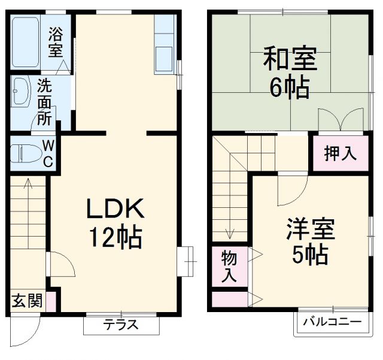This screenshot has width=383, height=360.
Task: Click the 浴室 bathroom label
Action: pos(56,41)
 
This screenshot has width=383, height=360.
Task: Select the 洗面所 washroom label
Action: pos(44,101)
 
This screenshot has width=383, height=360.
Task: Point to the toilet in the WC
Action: pos(24,153)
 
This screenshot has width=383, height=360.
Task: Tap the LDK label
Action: pos(115,210)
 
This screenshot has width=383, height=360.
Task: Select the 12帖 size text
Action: pos(115,238)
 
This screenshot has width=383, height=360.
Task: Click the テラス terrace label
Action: pos(121,325)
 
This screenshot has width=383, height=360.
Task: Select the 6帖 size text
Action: pos(288,87)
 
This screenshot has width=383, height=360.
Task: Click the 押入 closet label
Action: pos(340,153)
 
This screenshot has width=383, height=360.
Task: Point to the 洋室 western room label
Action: pos(309,229)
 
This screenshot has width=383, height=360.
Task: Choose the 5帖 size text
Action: pos(309,256)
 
